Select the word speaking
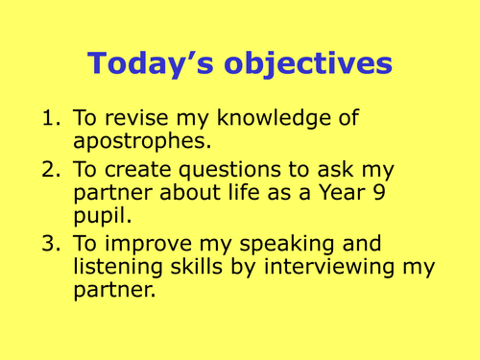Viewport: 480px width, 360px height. tap(282, 244)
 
